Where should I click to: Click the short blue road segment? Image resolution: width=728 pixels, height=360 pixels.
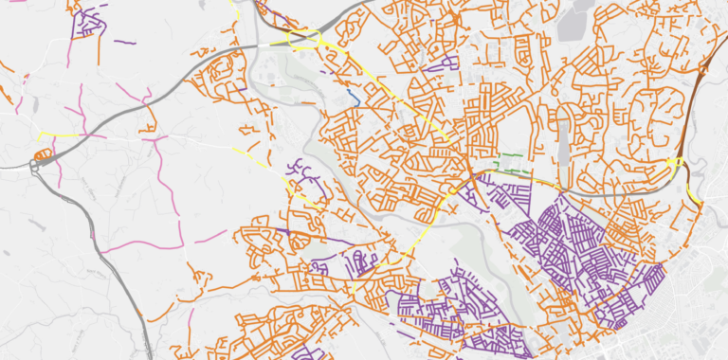(x=352, y=97)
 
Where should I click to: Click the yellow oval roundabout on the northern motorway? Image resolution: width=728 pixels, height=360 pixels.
(x=305, y=41)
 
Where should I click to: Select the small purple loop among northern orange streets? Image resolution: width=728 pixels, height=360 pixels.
(x=438, y=65)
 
